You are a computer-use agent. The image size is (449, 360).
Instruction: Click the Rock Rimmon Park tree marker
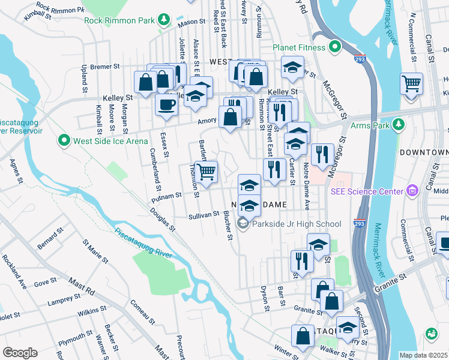coord(164,20)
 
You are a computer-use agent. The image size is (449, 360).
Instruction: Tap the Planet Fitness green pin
coord(335,47)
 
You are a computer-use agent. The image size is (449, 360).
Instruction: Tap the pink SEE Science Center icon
coord(412,191)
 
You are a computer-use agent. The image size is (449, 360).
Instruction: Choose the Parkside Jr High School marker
coord(243,224)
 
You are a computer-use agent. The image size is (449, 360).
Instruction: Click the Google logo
coord(20,353)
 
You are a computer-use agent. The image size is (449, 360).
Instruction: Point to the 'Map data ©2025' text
coord(423,355)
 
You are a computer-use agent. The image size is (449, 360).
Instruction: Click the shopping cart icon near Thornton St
coord(206,172)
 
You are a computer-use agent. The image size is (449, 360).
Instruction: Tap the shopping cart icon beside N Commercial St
coord(411,83)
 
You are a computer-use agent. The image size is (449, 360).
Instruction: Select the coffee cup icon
coord(166,104)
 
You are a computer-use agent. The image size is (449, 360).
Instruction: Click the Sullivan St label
coord(203,214)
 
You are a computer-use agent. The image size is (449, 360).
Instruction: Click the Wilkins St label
coord(91,311)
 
